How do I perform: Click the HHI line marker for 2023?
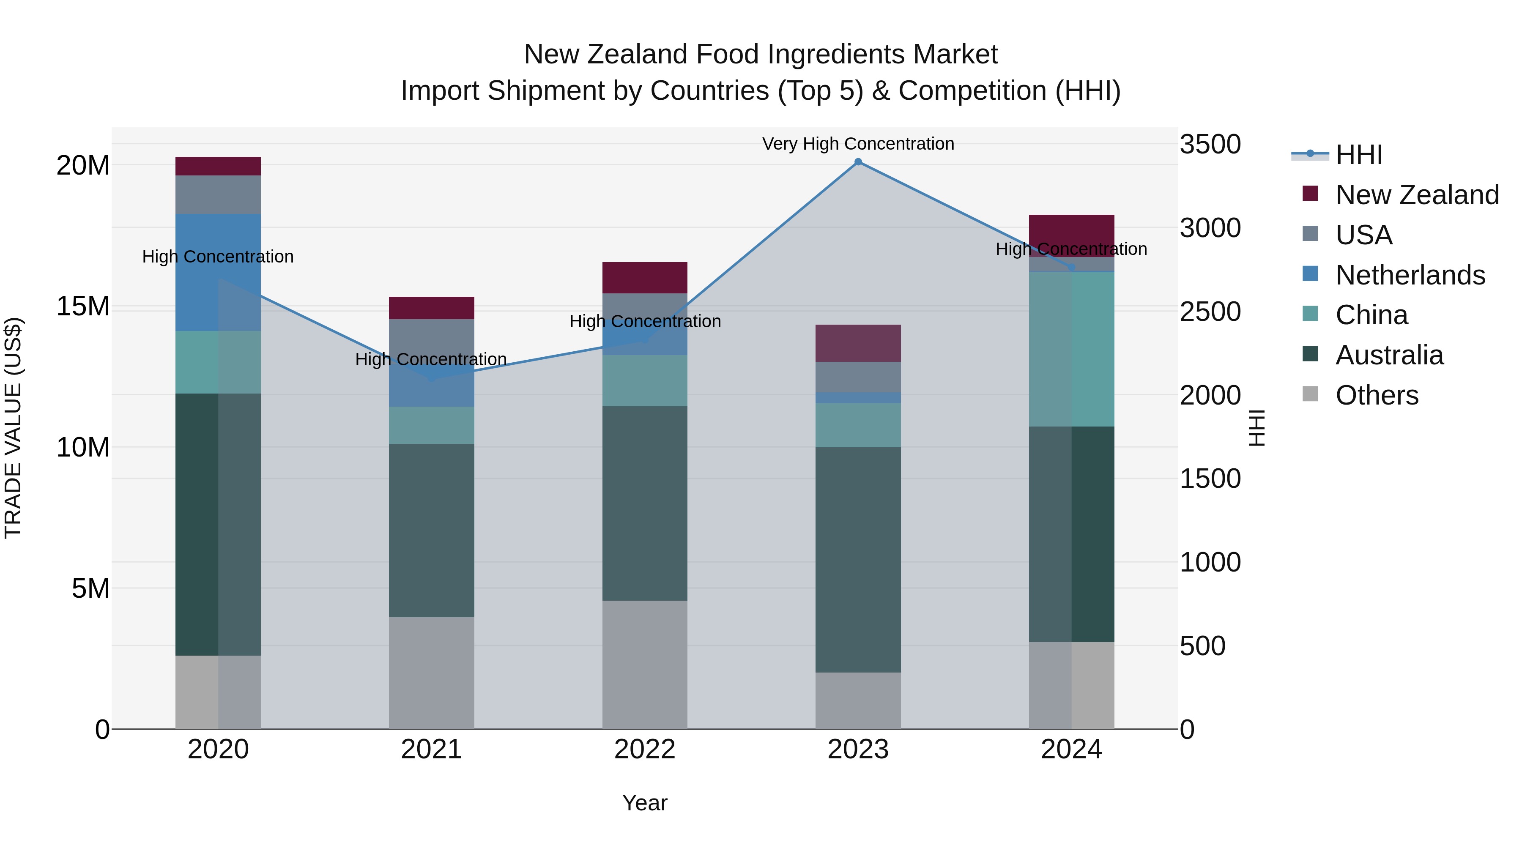click(858, 162)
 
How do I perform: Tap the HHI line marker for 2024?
click(1071, 268)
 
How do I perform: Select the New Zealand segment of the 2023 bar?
click(858, 343)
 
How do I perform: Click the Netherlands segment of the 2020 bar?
click(218, 272)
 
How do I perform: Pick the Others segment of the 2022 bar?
click(645, 665)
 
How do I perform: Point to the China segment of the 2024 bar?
click(1071, 349)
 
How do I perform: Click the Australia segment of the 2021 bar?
click(431, 531)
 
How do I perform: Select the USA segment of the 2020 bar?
click(218, 194)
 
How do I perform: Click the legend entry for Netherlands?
click(1410, 275)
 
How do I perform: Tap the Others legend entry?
click(1377, 395)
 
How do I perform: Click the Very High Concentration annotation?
click(858, 144)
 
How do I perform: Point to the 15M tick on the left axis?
click(83, 306)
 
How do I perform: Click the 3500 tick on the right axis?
click(1210, 145)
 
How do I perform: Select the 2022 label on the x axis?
click(645, 749)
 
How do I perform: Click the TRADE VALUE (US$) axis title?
click(13, 428)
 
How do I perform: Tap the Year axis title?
click(645, 803)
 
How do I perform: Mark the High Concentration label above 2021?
click(431, 359)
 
